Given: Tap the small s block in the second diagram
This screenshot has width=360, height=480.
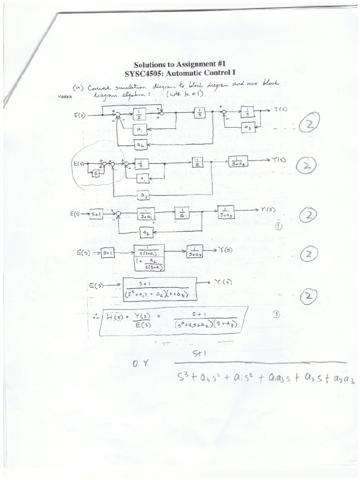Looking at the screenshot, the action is pos(96,173).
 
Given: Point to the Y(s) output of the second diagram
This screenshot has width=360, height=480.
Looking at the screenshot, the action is pos(280,160).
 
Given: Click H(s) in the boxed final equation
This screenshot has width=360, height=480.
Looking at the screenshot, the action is pos(113,318).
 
